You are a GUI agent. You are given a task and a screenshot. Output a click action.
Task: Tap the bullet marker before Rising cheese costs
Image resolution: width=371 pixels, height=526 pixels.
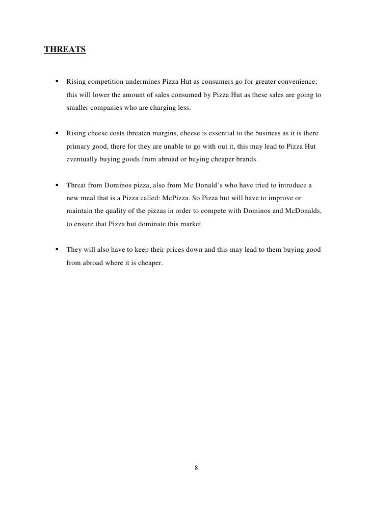coord(54,133)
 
